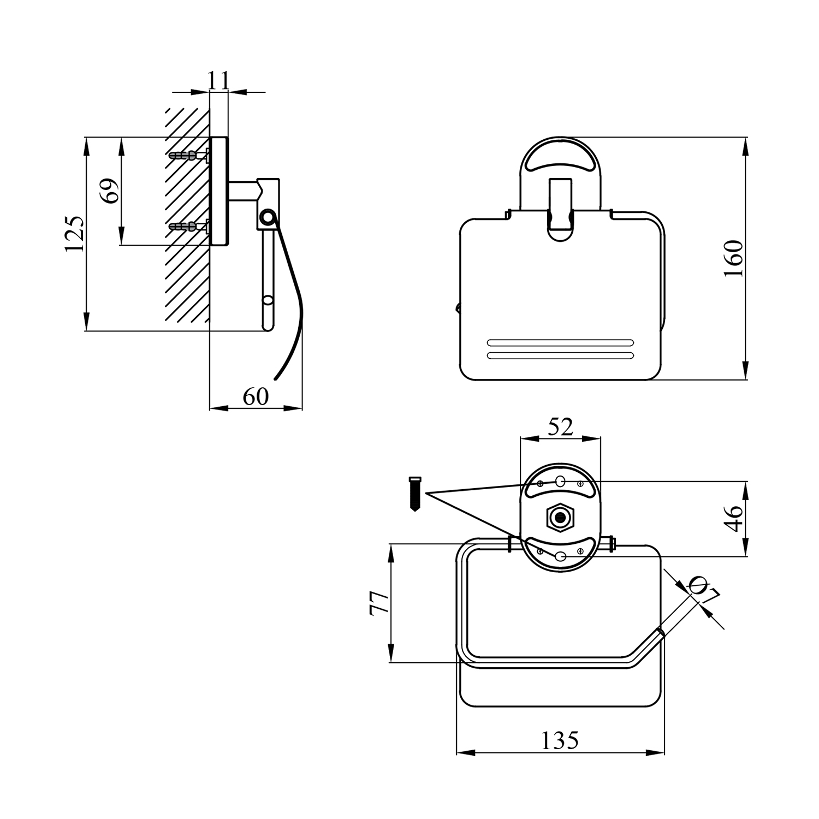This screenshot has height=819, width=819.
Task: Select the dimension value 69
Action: pyautogui.click(x=111, y=191)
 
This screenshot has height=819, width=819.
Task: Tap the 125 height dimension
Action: pyautogui.click(x=75, y=234)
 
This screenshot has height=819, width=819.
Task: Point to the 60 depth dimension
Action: pyautogui.click(x=256, y=396)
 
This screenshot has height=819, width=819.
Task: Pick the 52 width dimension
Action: pyautogui.click(x=561, y=427)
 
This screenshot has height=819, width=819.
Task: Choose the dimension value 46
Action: pyautogui.click(x=734, y=518)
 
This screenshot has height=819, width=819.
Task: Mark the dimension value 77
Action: pyautogui.click(x=380, y=603)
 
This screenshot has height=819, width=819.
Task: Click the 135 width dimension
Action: pyautogui.click(x=560, y=740)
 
